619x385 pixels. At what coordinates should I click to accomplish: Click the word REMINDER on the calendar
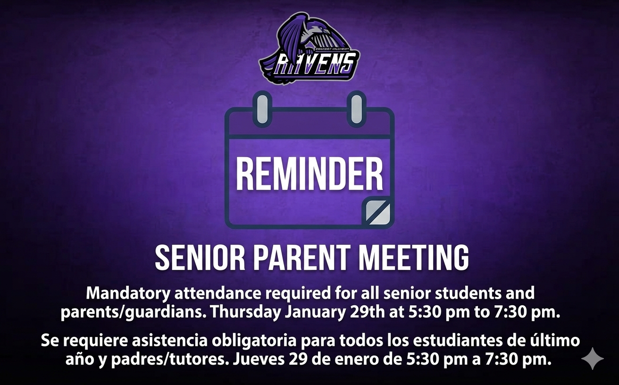[x=309, y=174]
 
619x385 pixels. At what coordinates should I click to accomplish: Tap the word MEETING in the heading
[x=414, y=258]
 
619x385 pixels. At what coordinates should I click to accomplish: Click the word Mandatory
[x=127, y=293]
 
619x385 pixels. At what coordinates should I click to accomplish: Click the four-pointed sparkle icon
[x=593, y=359]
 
